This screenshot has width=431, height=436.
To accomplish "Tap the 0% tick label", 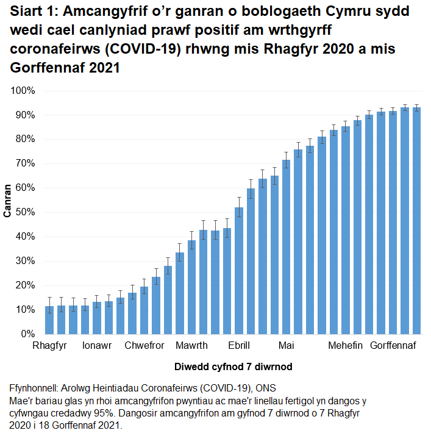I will point(27,334).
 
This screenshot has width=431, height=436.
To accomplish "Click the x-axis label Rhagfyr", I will point(50,346).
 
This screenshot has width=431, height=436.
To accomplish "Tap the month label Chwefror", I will point(144,346).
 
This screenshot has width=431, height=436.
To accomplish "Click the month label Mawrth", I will point(191,346).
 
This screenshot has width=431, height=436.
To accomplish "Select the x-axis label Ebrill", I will point(239,346).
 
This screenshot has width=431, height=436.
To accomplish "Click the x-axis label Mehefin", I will point(345,346).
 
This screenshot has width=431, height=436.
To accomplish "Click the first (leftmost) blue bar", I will point(49,320).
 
